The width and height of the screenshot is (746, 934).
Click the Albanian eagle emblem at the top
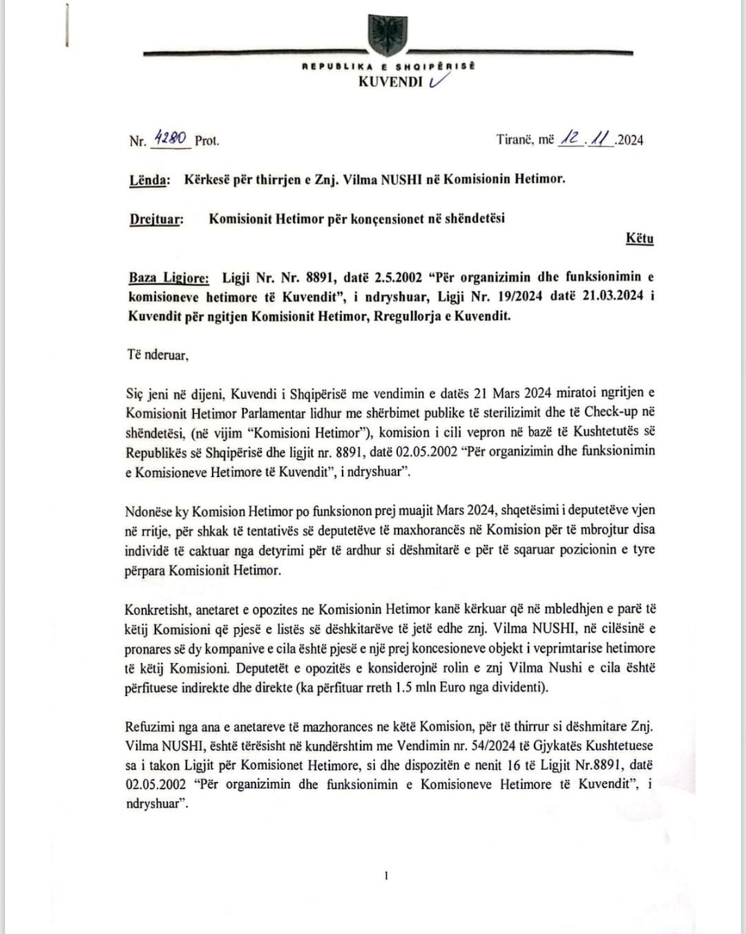[388, 34]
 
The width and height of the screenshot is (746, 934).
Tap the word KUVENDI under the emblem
[390, 82]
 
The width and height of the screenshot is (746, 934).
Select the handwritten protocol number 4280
[170, 138]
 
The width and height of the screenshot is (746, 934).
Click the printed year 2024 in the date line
[630, 140]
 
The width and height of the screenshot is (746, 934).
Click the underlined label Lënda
[149, 180]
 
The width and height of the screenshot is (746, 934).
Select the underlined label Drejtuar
[156, 219]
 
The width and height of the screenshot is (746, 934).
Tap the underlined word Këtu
[640, 239]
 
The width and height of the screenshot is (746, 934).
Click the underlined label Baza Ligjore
[169, 278]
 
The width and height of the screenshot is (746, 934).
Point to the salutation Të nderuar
[157, 355]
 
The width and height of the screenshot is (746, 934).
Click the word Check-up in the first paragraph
[611, 411]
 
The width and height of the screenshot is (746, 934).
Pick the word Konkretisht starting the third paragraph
[157, 610]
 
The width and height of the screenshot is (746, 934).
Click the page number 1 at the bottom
[386, 876]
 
